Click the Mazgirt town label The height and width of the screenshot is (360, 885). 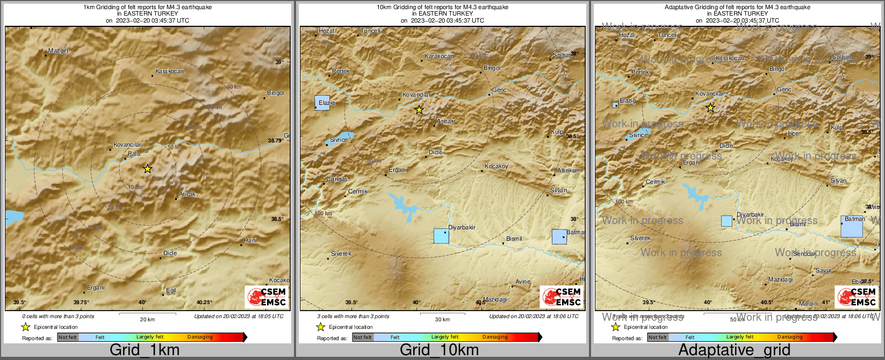click(x=59, y=51)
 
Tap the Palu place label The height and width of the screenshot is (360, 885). click(x=134, y=154)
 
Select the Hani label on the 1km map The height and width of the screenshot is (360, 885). click(x=250, y=240)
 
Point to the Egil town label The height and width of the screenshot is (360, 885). click(x=171, y=291)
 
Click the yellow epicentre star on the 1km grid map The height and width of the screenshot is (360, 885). click(x=148, y=169)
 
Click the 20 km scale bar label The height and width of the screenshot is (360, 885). click(x=147, y=320)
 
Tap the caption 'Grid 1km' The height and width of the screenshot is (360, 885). click(x=145, y=350)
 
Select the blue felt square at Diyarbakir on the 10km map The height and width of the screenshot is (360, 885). click(x=441, y=236)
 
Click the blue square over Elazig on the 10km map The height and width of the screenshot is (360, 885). click(x=322, y=103)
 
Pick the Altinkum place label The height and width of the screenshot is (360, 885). click(x=569, y=170)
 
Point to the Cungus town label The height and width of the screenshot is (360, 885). click(x=337, y=179)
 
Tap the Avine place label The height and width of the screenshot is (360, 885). click(x=523, y=282)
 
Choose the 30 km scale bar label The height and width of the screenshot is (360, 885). click(x=442, y=320)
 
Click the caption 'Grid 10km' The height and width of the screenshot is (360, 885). click(x=439, y=350)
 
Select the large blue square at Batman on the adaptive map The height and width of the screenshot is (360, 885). click(x=852, y=227)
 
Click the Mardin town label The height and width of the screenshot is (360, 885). click(x=808, y=304)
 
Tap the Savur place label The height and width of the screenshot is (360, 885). click(x=823, y=271)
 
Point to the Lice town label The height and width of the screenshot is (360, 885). click(x=793, y=133)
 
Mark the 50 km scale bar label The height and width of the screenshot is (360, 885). click(x=737, y=320)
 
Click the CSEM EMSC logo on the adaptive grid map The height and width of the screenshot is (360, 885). click(x=856, y=297)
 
